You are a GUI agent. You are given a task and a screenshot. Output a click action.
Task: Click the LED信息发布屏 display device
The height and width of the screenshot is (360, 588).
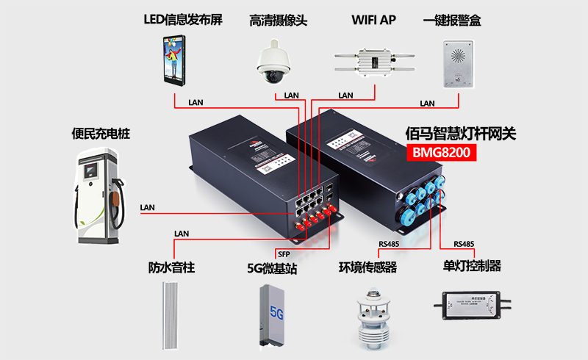[x=173, y=62]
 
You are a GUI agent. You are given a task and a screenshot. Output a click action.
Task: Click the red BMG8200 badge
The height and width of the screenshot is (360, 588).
[x=442, y=152]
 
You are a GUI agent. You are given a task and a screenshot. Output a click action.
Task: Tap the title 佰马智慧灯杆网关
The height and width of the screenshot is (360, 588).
[x=462, y=133]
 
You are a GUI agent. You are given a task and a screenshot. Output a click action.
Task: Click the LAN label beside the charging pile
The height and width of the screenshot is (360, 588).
[x=148, y=207]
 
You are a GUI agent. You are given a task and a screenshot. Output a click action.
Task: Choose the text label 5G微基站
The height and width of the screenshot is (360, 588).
[x=272, y=269]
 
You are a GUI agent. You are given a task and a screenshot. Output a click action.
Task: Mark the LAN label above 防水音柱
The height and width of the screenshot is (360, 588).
[x=182, y=234]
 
